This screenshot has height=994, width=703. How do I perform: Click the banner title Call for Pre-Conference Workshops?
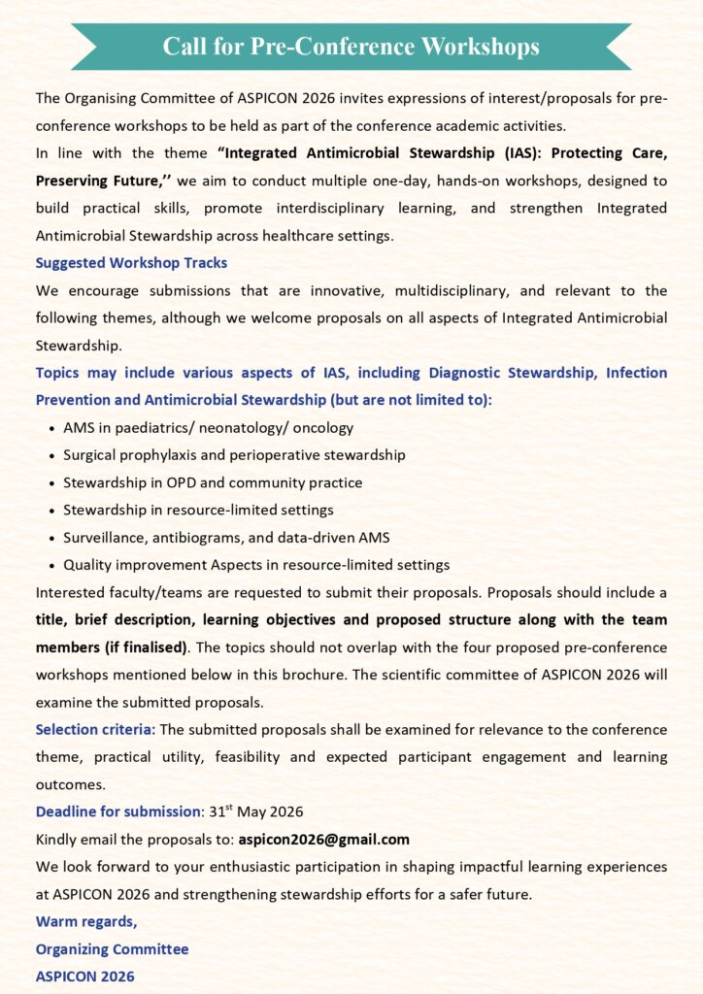click(x=351, y=46)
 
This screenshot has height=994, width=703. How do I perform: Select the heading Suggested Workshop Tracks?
click(x=131, y=263)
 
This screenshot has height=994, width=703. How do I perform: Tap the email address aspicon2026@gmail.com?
click(x=324, y=840)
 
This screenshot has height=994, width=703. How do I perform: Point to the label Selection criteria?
click(x=94, y=729)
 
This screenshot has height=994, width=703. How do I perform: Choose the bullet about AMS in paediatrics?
click(x=208, y=427)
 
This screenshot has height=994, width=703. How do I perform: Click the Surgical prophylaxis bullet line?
click(x=234, y=454)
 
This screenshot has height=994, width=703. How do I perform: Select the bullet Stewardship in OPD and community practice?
click(x=213, y=482)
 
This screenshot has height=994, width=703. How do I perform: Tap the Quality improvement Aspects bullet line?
click(x=256, y=565)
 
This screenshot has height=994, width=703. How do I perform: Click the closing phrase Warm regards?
click(x=86, y=921)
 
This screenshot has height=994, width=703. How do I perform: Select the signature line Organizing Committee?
click(x=112, y=949)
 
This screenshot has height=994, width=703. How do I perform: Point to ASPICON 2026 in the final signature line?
click(x=84, y=977)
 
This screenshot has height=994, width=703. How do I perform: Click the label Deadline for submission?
click(x=117, y=812)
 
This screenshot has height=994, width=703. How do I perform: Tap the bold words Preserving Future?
click(x=102, y=182)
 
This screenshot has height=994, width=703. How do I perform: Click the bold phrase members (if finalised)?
click(x=111, y=647)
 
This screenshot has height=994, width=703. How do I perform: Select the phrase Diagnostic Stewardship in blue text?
click(x=512, y=373)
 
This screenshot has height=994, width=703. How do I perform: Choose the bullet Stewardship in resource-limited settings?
click(x=198, y=510)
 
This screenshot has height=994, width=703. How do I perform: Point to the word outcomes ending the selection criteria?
click(x=70, y=784)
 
